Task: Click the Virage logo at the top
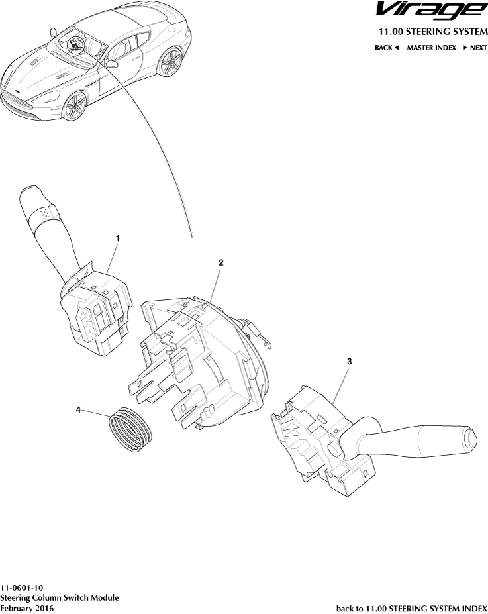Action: tap(432, 10)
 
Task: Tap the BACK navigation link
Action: tap(387, 48)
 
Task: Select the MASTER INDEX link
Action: tap(431, 48)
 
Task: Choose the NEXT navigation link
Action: tap(475, 48)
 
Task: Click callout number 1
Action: tap(117, 238)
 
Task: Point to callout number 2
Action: tap(220, 262)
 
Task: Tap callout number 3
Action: tap(350, 361)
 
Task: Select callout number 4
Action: tap(78, 409)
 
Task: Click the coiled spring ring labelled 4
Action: tap(130, 430)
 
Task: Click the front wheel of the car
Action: tap(74, 106)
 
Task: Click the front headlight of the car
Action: tap(45, 96)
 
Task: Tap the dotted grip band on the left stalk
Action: tap(46, 213)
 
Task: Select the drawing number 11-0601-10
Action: tap(21, 588)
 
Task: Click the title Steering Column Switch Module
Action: tap(59, 598)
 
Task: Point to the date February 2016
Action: tap(27, 608)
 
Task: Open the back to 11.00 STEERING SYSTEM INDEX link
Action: tap(412, 609)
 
